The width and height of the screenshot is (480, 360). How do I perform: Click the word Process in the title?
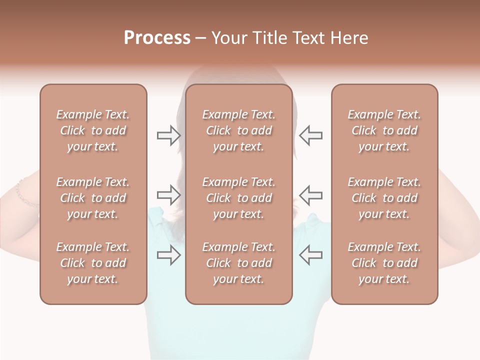[157, 38]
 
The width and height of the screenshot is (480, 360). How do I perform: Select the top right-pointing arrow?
[168, 135]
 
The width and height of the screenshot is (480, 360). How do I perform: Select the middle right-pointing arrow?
[168, 194]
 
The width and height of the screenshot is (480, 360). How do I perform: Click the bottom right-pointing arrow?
[168, 255]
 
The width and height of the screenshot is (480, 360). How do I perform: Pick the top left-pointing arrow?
[311, 135]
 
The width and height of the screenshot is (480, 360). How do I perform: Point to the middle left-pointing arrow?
[311, 194]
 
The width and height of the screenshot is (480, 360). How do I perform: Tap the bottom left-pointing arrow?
[311, 255]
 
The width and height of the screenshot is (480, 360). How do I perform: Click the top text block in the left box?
[93, 130]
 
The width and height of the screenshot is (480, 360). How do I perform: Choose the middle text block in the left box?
[93, 198]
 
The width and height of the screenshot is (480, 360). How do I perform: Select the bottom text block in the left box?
[93, 263]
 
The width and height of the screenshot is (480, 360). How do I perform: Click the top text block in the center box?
[238, 130]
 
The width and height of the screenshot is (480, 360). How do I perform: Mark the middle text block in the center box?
[238, 198]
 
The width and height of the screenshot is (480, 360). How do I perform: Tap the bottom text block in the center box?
[238, 263]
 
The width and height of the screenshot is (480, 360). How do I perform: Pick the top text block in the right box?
[384, 130]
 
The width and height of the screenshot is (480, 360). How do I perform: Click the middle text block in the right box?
[384, 198]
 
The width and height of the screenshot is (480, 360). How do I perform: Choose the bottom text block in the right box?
[384, 263]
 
